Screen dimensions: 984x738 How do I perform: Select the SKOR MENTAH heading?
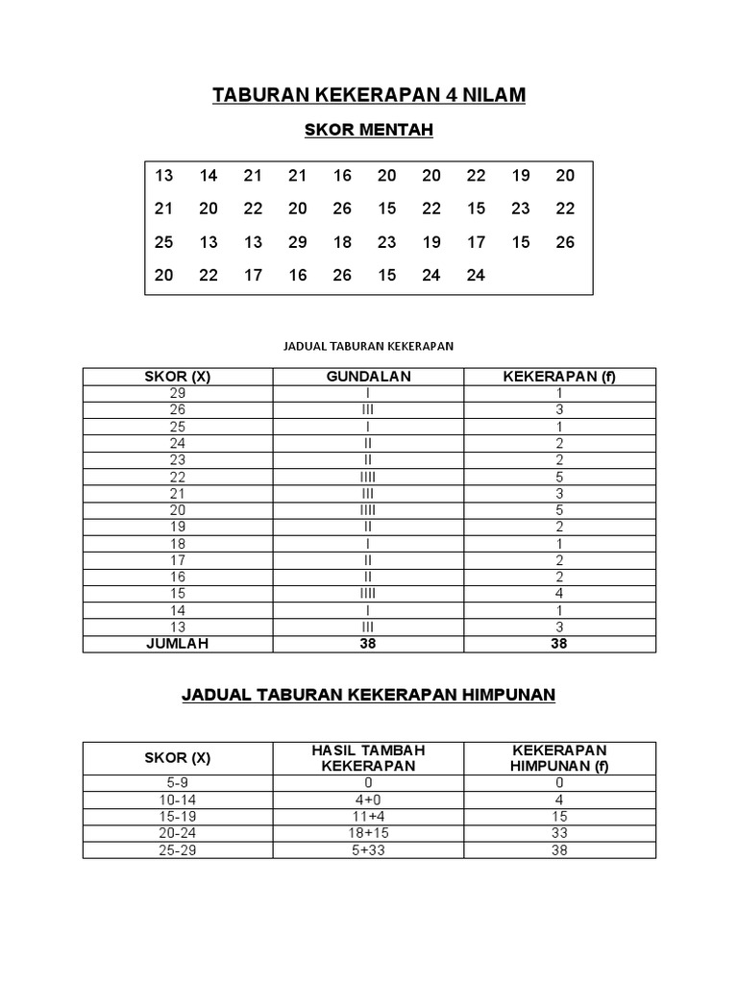(x=369, y=131)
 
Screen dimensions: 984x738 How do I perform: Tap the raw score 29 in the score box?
(x=298, y=242)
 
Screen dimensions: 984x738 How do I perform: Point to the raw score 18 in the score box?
(x=342, y=242)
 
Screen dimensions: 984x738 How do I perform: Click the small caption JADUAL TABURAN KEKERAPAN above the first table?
(x=369, y=344)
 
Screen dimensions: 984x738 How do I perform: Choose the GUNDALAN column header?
(x=368, y=377)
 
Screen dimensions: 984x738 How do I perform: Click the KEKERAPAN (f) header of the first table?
(x=559, y=377)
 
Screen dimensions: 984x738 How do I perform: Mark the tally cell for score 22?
(x=368, y=477)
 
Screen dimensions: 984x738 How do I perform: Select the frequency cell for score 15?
(x=559, y=594)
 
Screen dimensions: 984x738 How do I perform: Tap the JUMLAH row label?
(x=177, y=644)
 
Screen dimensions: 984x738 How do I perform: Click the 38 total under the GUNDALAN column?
(x=368, y=644)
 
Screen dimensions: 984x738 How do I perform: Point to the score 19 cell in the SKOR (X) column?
(x=177, y=527)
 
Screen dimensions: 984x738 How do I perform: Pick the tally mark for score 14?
(x=368, y=610)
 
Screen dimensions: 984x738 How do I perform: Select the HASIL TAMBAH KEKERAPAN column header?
(x=368, y=757)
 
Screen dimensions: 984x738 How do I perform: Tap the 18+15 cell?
(x=368, y=833)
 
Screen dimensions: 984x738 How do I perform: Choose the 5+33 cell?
(x=368, y=850)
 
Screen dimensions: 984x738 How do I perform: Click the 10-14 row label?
(x=177, y=799)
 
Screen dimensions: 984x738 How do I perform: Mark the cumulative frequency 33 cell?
(x=559, y=833)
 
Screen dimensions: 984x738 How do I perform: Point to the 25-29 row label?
(x=177, y=850)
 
